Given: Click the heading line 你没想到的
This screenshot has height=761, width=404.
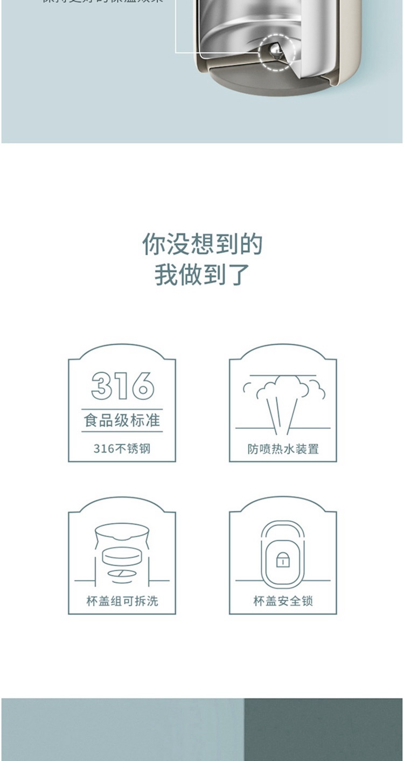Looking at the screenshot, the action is click(202, 245).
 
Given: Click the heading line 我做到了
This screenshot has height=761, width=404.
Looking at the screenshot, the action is click(202, 274).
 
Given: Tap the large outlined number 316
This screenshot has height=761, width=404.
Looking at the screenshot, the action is click(122, 385).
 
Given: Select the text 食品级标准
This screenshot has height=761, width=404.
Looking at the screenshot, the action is click(122, 420).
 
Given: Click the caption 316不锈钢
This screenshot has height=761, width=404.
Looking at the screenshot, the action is click(122, 448).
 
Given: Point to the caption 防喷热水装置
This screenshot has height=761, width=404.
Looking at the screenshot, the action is click(283, 449).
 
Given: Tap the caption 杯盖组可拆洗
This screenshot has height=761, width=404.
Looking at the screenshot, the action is click(122, 601).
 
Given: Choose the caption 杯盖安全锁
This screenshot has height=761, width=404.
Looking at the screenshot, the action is click(283, 601).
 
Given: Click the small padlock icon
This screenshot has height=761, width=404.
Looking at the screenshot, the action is click(283, 560).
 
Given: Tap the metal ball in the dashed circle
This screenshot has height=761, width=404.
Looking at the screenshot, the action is click(275, 52).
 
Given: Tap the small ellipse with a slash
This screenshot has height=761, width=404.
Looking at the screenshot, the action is click(122, 572).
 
